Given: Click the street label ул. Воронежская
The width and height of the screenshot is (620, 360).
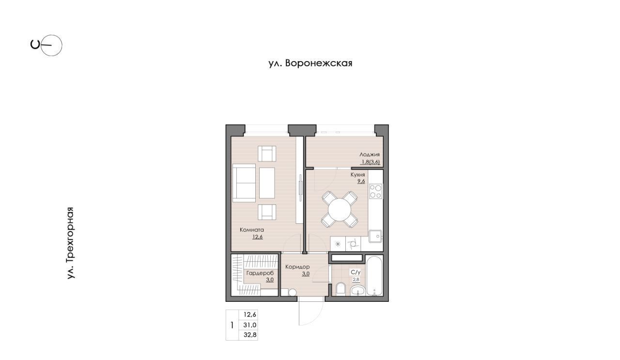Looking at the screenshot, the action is pyautogui.click(x=310, y=63).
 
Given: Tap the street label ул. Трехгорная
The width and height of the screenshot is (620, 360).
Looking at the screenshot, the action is pyautogui.click(x=70, y=243).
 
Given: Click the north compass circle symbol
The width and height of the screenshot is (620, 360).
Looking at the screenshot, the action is pyautogui.click(x=51, y=45).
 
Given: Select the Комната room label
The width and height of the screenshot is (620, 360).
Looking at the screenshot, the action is pyautogui.click(x=251, y=230).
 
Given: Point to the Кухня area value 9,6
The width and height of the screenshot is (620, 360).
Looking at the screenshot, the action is pyautogui.click(x=361, y=181).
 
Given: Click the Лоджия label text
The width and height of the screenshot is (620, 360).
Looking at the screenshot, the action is pyautogui.click(x=370, y=155).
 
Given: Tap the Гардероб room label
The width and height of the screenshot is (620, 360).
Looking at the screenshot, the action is pyautogui.click(x=260, y=273).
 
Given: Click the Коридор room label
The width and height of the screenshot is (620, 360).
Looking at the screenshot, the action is pyautogui.click(x=297, y=266).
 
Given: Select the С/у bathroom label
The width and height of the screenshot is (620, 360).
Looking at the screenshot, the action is pyautogui.click(x=356, y=272).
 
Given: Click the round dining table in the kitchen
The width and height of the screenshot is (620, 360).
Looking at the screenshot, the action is pyautogui.click(x=340, y=209).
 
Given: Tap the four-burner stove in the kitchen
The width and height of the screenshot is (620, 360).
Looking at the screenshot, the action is pyautogui.click(x=375, y=191).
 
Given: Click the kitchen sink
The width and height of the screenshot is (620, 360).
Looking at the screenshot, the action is pyautogui.click(x=375, y=236).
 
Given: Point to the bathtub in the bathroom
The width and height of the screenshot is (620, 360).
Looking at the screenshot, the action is pyautogui.click(x=374, y=276).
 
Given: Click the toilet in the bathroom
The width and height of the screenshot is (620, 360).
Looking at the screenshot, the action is pyautogui.click(x=341, y=289).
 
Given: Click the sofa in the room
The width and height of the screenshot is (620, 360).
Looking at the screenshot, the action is pyautogui.click(x=244, y=183).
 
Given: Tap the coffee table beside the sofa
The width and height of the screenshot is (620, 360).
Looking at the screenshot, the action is pyautogui.click(x=267, y=183).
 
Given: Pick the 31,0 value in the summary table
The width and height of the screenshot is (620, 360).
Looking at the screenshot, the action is pyautogui.click(x=250, y=325).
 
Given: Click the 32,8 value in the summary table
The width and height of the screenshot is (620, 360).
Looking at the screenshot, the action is pyautogui.click(x=250, y=335).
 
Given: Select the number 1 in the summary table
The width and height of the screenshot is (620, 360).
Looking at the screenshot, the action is pyautogui.click(x=232, y=325).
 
